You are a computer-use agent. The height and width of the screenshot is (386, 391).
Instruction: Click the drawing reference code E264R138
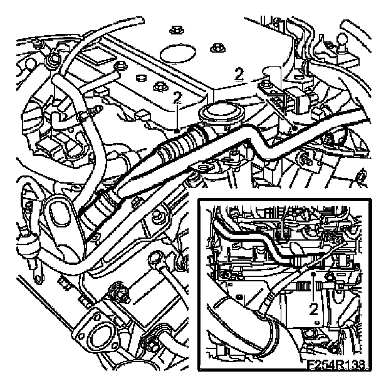[x=334, y=362]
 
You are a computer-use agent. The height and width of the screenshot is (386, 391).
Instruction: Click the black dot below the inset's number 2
[x=316, y=323]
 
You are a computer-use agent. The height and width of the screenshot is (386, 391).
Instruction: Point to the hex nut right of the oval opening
[x=217, y=48]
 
